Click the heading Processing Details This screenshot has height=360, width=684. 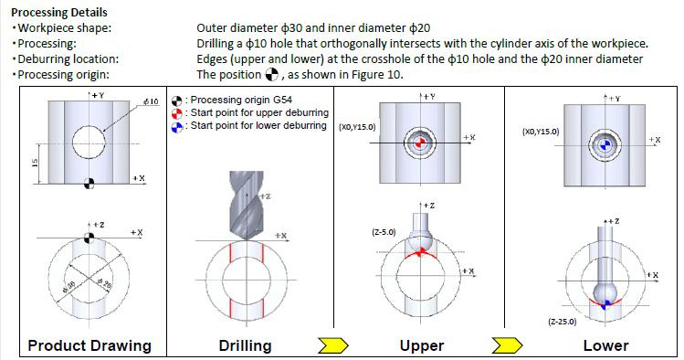58,12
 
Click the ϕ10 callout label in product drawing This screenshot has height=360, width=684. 151,101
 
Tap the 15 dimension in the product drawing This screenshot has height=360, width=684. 36,164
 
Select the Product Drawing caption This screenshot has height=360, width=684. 89,345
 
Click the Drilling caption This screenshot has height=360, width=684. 245,345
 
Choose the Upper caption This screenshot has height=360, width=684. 422,345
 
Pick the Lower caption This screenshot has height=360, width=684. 605,345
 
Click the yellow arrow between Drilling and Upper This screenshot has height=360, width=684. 333,345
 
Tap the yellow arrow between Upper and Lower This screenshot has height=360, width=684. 507,345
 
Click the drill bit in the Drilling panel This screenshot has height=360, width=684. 247,205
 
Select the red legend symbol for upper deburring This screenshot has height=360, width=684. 176,114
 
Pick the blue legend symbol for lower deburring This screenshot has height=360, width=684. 176,127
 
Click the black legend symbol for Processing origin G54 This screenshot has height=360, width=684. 176,101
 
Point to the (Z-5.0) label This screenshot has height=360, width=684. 384,232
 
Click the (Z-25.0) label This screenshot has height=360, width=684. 563,322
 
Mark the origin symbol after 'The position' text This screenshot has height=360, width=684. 271,75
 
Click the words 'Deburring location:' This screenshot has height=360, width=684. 68,58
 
